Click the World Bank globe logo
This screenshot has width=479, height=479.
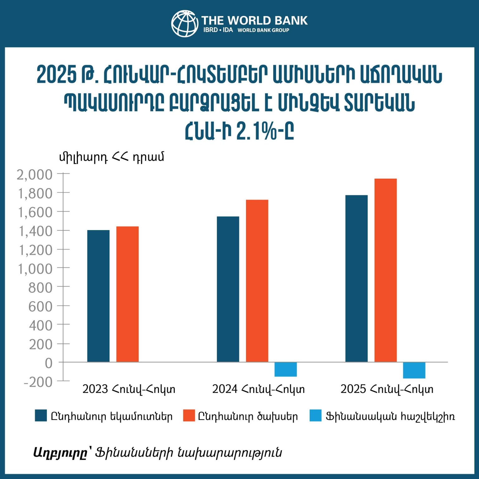point(185,23)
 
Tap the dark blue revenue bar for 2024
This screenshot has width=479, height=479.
point(228,289)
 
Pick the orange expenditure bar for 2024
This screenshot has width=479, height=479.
point(257,281)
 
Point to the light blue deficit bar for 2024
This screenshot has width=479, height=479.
point(285,369)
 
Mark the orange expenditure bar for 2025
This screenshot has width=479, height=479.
point(385,270)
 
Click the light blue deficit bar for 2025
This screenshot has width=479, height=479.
point(414,370)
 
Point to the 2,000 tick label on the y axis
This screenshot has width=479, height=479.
point(35,175)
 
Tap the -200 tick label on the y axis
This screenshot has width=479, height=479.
point(38,382)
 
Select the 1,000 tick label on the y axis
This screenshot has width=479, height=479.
point(35,269)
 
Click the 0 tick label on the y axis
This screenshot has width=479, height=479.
point(49,363)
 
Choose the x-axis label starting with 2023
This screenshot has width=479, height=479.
point(129,389)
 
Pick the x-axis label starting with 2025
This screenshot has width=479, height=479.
point(387,389)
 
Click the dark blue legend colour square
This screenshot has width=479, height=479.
point(41,416)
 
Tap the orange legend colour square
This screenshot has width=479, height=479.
point(189,416)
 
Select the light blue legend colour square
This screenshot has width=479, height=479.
point(315,416)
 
